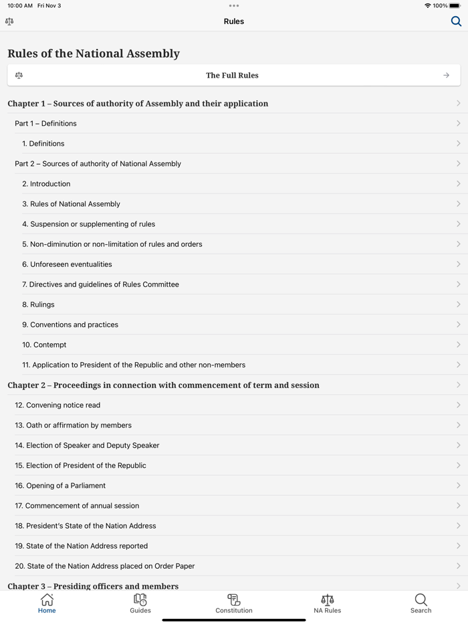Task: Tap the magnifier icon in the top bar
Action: click(x=456, y=21)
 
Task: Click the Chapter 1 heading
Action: click(x=138, y=104)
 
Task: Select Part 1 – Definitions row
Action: click(x=45, y=124)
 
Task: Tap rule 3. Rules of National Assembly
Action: click(x=71, y=204)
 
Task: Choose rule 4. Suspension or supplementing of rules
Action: click(x=88, y=224)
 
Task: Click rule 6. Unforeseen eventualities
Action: click(x=67, y=264)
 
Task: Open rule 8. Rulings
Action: click(x=38, y=304)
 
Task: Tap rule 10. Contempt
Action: click(x=44, y=345)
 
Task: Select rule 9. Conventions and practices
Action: click(x=70, y=325)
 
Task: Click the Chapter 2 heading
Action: click(x=163, y=385)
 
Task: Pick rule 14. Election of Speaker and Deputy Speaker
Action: click(x=87, y=446)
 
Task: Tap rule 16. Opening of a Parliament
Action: click(x=60, y=486)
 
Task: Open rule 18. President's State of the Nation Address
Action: click(x=86, y=526)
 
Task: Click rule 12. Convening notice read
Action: click(x=57, y=406)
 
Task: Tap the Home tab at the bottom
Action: click(x=47, y=603)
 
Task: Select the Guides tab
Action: click(x=140, y=603)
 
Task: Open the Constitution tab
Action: click(x=234, y=603)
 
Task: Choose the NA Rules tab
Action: click(x=328, y=603)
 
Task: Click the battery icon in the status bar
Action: click(x=455, y=6)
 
